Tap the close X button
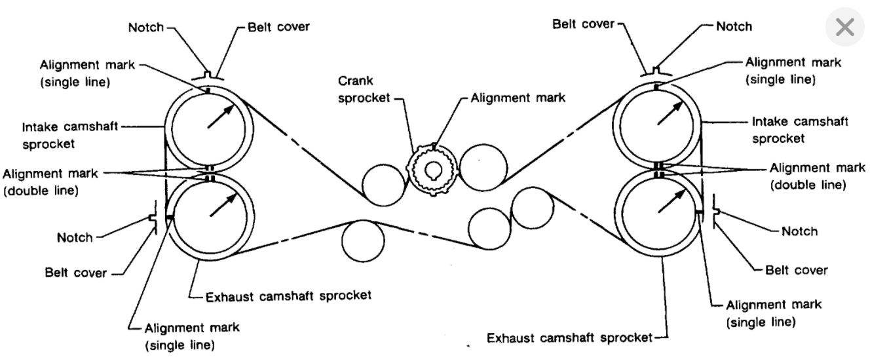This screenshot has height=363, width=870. (x=845, y=28)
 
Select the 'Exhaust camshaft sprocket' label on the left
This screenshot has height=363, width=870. (x=288, y=295)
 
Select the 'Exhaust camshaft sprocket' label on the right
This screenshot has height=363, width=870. (x=569, y=338)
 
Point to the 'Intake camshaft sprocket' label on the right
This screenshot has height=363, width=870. (x=799, y=130)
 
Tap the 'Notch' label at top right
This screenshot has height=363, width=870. (x=734, y=27)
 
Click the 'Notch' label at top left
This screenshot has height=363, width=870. (x=147, y=28)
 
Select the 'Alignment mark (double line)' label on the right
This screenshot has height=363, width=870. (x=808, y=176)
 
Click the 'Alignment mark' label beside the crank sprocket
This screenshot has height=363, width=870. (x=517, y=97)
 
